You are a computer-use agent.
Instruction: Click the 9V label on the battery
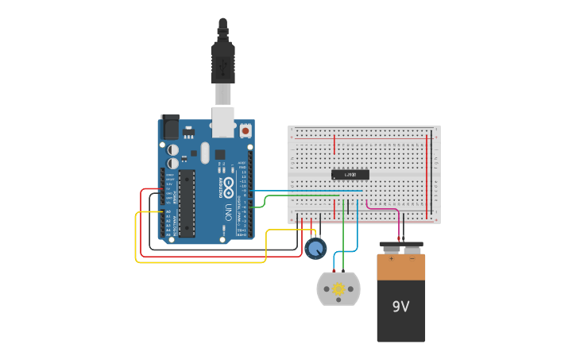(401, 305)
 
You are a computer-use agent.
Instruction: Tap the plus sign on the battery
(391, 258)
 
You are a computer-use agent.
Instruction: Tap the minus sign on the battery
(412, 258)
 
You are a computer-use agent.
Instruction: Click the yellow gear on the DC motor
(338, 289)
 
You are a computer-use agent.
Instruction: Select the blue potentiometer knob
(315, 249)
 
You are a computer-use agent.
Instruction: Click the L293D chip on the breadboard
(350, 174)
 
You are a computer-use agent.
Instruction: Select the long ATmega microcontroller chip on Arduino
(187, 203)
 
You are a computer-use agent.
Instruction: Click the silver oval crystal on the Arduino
(205, 152)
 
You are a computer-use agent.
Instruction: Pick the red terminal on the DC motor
(334, 272)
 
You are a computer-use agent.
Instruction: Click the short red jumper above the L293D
(334, 145)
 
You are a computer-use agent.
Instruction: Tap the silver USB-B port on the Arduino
(223, 122)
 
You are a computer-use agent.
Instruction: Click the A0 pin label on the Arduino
(168, 212)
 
